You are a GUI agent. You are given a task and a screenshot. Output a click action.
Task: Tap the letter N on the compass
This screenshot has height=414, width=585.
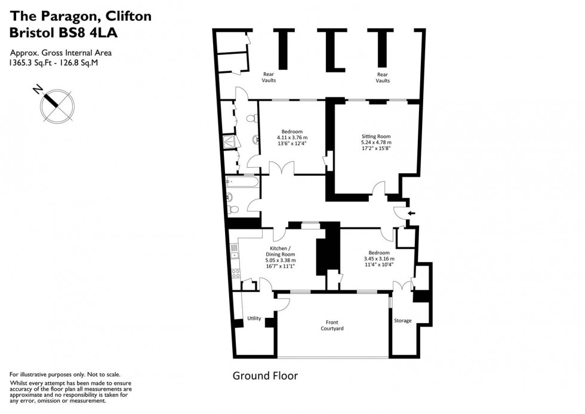38,90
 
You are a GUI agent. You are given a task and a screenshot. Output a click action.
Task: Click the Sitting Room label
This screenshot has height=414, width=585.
376,136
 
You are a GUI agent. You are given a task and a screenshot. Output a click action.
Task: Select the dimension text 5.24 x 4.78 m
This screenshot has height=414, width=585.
376,142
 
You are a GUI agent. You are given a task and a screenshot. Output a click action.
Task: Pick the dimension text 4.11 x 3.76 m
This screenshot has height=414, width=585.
292,137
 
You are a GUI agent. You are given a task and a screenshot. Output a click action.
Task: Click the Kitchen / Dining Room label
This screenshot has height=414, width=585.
281,251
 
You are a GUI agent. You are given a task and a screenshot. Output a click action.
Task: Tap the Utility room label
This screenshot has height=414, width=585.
254,318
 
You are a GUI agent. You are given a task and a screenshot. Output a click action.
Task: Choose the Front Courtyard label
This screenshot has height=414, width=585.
332,325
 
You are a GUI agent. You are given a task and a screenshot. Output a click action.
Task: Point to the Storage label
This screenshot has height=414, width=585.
403,321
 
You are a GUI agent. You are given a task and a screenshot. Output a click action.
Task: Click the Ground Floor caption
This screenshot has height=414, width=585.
265,376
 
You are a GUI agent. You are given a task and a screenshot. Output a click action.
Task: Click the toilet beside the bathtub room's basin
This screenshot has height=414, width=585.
233,208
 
